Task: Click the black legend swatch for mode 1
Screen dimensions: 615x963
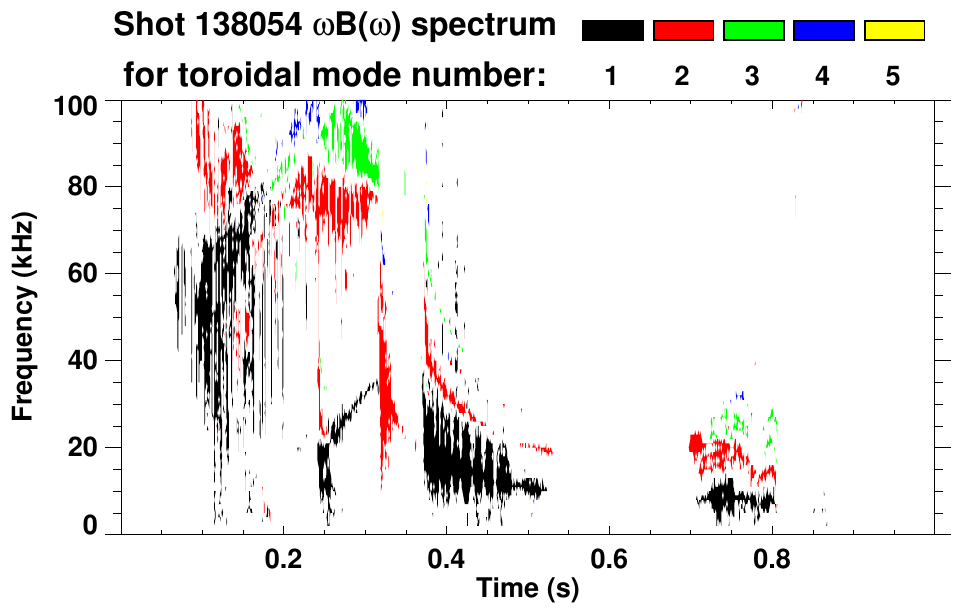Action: coord(612,31)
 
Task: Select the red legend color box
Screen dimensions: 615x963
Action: coord(683,31)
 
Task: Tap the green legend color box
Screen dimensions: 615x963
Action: coord(753,31)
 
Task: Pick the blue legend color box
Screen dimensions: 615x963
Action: coord(823,31)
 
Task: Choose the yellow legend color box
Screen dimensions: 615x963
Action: coord(893,31)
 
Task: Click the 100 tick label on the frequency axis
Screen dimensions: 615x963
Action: coord(76,104)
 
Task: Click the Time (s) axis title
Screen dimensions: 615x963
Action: coord(526,589)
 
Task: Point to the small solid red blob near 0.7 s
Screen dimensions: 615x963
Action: coord(698,443)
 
